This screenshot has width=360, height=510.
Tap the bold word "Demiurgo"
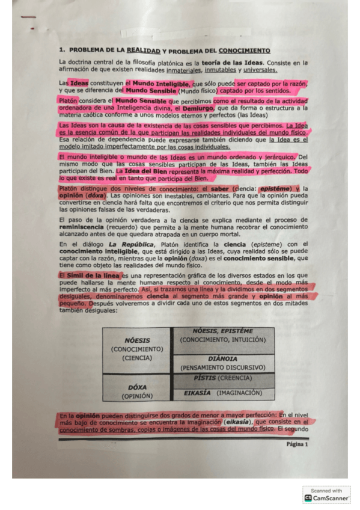coord(199,108)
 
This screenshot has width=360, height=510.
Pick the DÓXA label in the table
coord(138,387)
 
